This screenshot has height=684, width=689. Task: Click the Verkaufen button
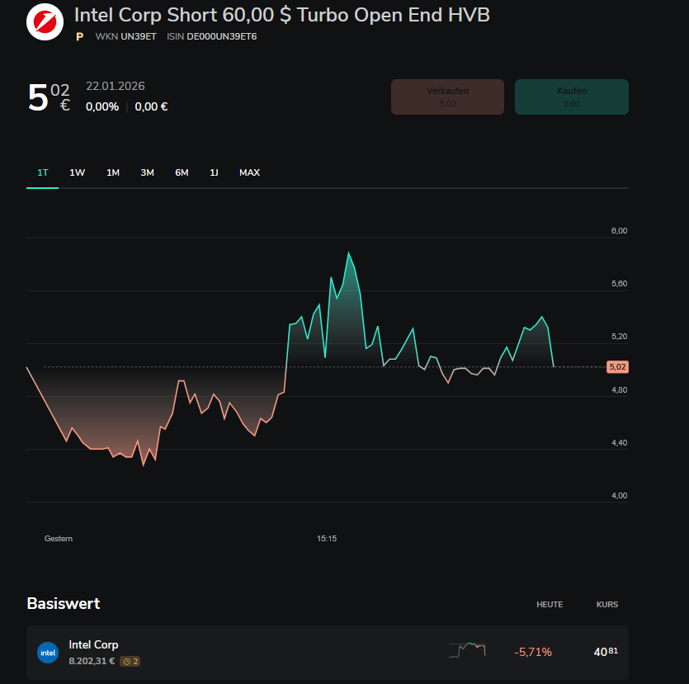coord(446,97)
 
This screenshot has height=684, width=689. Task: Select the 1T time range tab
coord(43,172)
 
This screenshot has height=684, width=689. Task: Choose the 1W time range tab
coord(78,172)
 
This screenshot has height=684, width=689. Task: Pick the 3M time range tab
coord(147,172)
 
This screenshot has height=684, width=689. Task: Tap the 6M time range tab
coord(182,172)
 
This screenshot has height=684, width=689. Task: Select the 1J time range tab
coord(214,172)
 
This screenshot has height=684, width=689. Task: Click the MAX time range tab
coord(249,172)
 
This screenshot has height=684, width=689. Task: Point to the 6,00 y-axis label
coord(619,231)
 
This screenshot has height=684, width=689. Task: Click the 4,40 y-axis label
coord(619,443)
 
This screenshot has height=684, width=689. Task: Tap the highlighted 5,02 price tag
coord(616,366)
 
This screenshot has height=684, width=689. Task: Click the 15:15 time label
coord(327,539)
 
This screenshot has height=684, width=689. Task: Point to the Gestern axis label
coord(59,539)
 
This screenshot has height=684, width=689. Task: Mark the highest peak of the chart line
coord(348,252)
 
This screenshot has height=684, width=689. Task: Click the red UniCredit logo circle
coord(45,21)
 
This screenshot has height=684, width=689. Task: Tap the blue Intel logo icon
coord(48,653)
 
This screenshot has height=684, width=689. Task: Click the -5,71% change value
coord(533,652)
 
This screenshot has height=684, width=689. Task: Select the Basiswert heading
coord(64,603)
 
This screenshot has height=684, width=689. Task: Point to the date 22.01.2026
coord(116,87)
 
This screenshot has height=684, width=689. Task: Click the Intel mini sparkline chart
coord(467,650)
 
